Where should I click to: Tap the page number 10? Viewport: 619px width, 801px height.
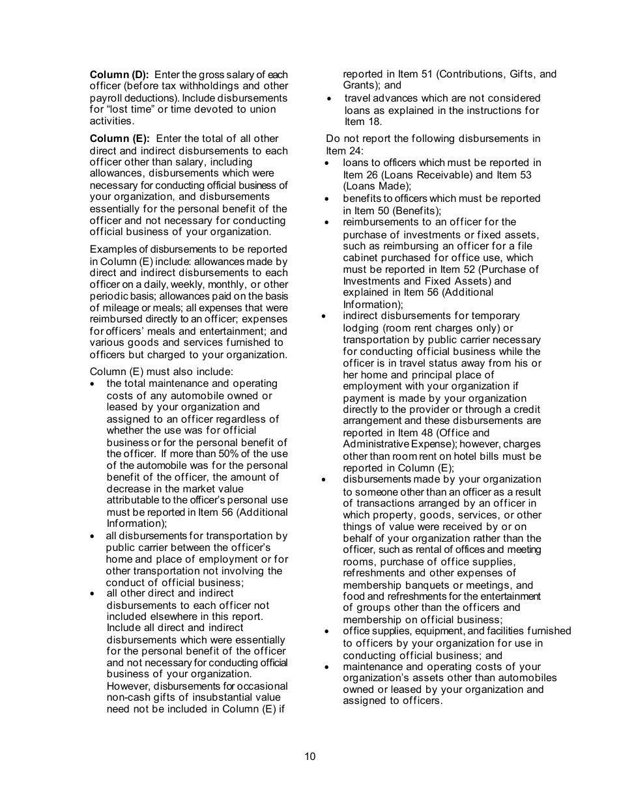tap(309, 756)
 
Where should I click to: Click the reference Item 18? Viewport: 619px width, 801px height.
tap(364, 122)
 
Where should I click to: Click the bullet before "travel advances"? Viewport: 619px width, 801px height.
tap(330, 98)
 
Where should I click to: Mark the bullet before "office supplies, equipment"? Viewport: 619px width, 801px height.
tap(328, 631)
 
